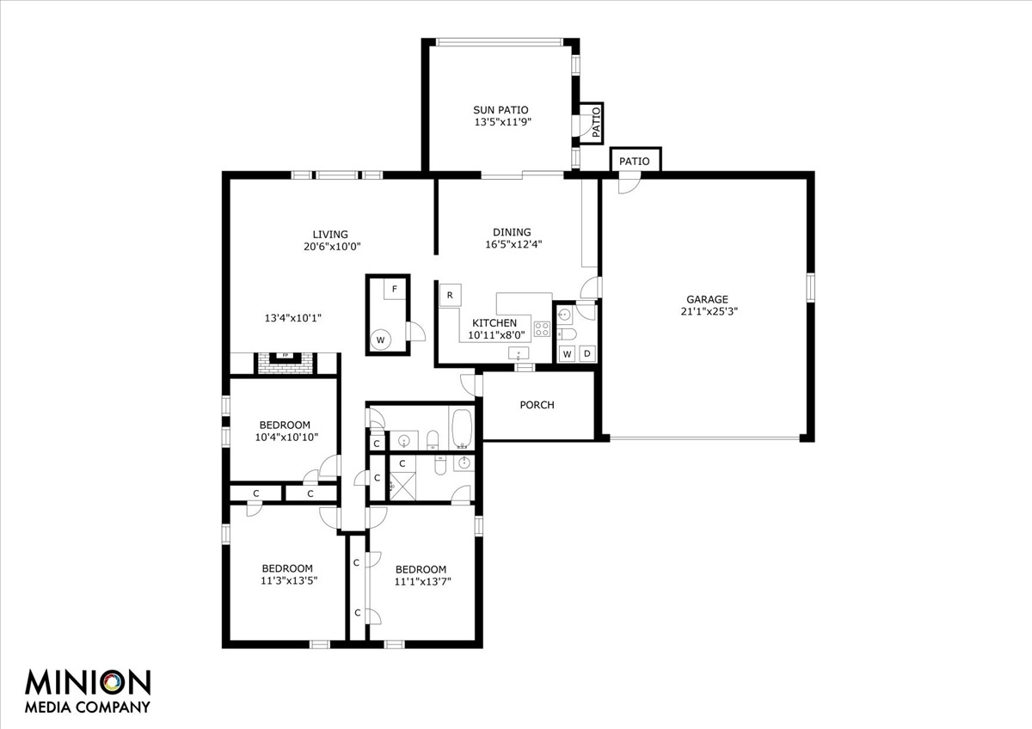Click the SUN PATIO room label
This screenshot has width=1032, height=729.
click(501, 110)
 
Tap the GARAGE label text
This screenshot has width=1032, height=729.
click(707, 299)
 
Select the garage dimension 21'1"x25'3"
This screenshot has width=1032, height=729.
click(709, 311)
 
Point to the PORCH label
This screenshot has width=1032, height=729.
click(537, 405)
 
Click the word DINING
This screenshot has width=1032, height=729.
click(512, 232)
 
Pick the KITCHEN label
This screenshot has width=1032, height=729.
click(494, 323)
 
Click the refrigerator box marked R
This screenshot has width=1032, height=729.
click(450, 295)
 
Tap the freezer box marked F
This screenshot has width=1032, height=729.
click(395, 289)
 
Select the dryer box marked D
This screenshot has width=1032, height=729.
click(587, 353)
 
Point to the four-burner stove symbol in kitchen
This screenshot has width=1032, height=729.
click(542, 328)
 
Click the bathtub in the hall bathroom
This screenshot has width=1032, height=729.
click(462, 428)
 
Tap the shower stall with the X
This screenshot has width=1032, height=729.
click(402, 486)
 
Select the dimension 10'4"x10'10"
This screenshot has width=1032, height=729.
click(286, 437)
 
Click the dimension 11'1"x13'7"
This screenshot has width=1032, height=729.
click(422, 582)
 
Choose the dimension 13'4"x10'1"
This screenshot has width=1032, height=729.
click(292, 318)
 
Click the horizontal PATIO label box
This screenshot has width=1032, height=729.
click(636, 160)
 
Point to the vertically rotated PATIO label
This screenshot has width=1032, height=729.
click(596, 122)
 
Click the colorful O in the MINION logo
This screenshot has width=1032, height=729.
click(113, 683)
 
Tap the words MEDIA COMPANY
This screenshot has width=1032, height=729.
click(88, 707)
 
